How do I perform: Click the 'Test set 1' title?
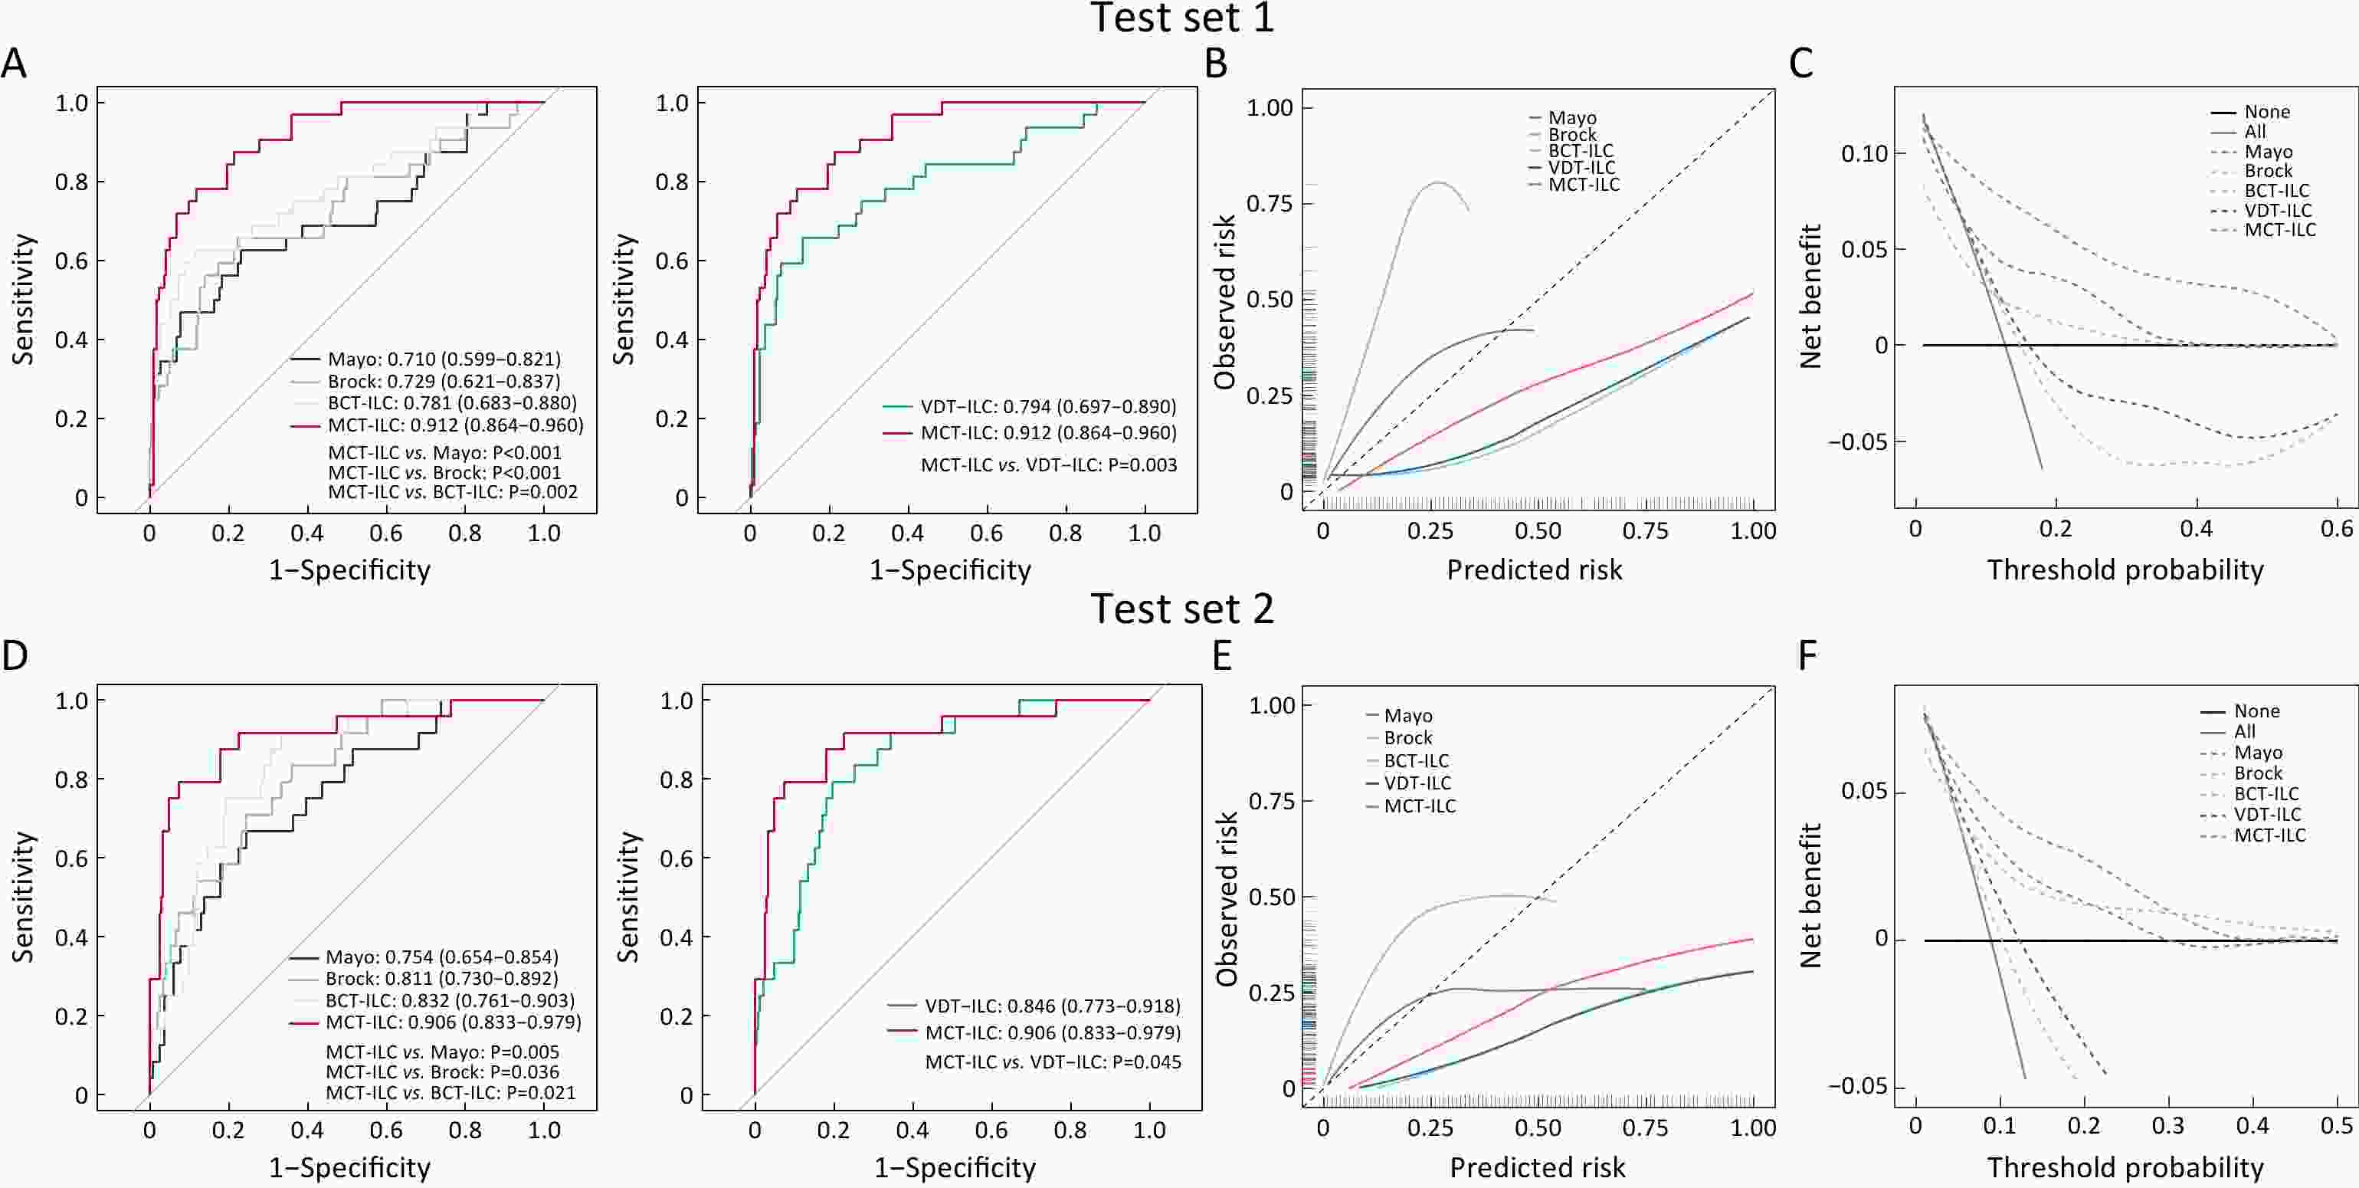click(x=1181, y=18)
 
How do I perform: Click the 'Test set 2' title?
click(x=1181, y=609)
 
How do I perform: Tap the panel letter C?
click(x=1800, y=64)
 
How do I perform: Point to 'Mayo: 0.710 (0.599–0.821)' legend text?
click(x=444, y=359)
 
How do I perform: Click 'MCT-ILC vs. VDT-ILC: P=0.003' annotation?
click(x=1049, y=465)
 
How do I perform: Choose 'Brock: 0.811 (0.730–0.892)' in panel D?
click(x=441, y=978)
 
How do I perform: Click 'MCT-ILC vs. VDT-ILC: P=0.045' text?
click(x=1053, y=1062)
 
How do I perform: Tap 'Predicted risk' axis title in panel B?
click(x=1534, y=569)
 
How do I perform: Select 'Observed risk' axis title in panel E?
click(x=1226, y=898)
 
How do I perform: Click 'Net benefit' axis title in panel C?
click(x=1810, y=296)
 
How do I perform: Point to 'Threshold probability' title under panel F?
click(x=2125, y=1167)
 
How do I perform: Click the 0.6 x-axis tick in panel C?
click(x=2337, y=530)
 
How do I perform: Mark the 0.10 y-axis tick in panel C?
click(x=1865, y=154)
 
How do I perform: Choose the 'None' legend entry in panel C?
click(x=2266, y=112)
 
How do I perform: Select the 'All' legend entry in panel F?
click(x=2245, y=732)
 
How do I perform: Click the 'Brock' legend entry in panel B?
click(x=1572, y=135)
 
